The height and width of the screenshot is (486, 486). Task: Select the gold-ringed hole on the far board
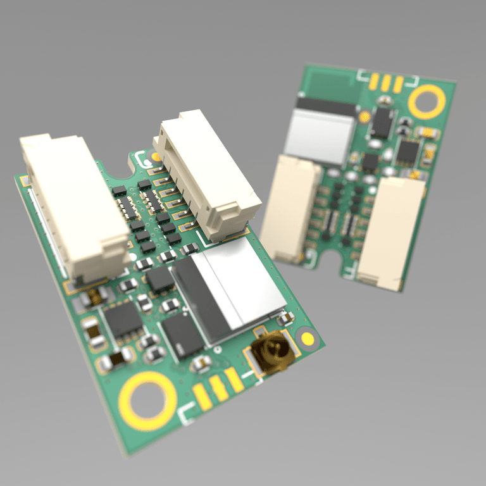tap(427, 101)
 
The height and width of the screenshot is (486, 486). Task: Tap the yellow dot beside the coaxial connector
tap(308, 338)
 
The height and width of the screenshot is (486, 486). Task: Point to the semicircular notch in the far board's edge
tap(330, 259)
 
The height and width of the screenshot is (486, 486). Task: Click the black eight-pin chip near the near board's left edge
tap(123, 320)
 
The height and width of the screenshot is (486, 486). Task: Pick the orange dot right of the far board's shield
tap(364, 117)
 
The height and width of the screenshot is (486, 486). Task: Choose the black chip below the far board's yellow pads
tap(382, 122)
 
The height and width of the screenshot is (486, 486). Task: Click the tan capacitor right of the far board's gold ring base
tap(428, 132)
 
